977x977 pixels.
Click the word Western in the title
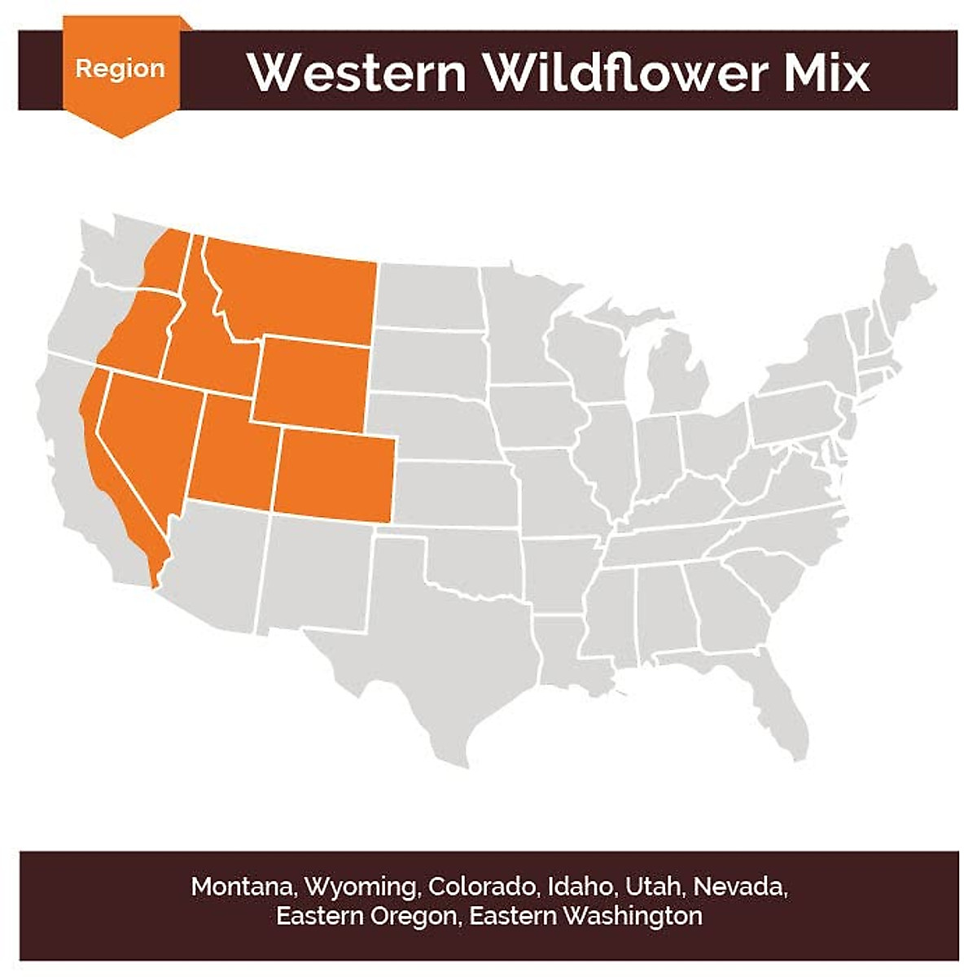[357, 72]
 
